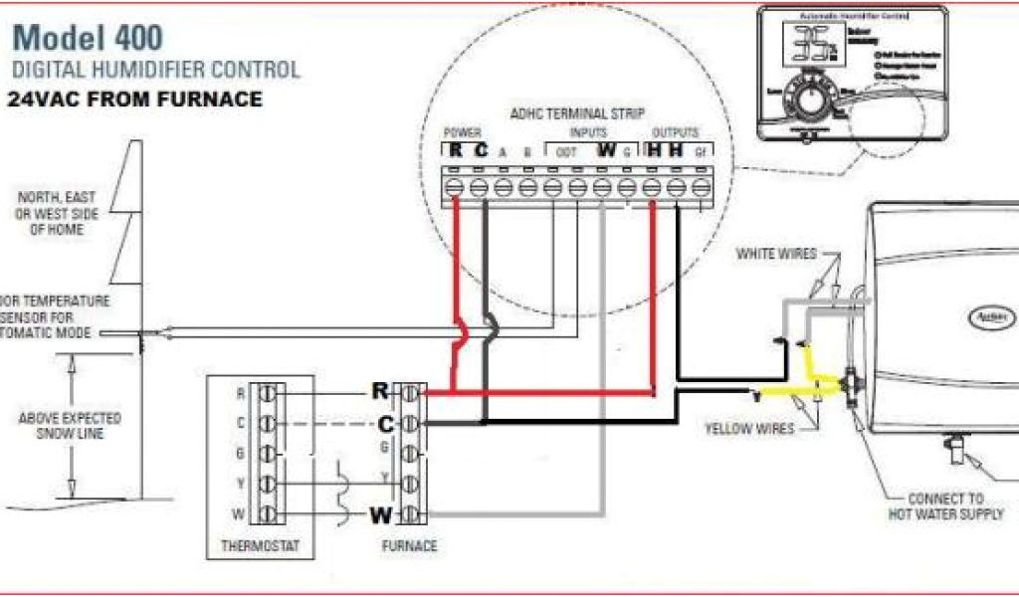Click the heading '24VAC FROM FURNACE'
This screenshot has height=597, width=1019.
pyautogui.click(x=135, y=99)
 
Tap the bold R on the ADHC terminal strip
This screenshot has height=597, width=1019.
pyautogui.click(x=455, y=151)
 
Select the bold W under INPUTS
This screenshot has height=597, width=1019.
pyautogui.click(x=606, y=151)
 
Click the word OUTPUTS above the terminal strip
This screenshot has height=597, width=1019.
pyautogui.click(x=676, y=132)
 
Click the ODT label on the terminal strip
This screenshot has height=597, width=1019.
pyautogui.click(x=566, y=152)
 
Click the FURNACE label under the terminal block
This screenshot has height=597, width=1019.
pyautogui.click(x=409, y=546)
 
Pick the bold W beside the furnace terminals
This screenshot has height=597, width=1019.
pyautogui.click(x=381, y=515)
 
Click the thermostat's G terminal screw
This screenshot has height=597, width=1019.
pyautogui.click(x=266, y=454)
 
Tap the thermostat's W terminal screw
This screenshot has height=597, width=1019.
pyautogui.click(x=266, y=514)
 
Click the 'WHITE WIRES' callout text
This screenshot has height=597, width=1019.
pyautogui.click(x=775, y=255)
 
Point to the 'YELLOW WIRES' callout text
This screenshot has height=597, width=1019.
pyautogui.click(x=749, y=429)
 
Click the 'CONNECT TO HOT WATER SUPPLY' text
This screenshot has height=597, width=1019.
pyautogui.click(x=945, y=505)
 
